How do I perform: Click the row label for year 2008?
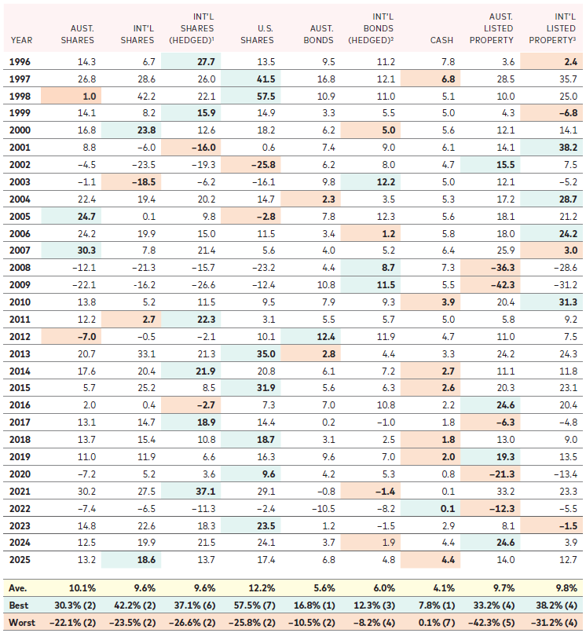point(20,268)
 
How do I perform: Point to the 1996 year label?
point(20,60)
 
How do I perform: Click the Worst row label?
point(20,622)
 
